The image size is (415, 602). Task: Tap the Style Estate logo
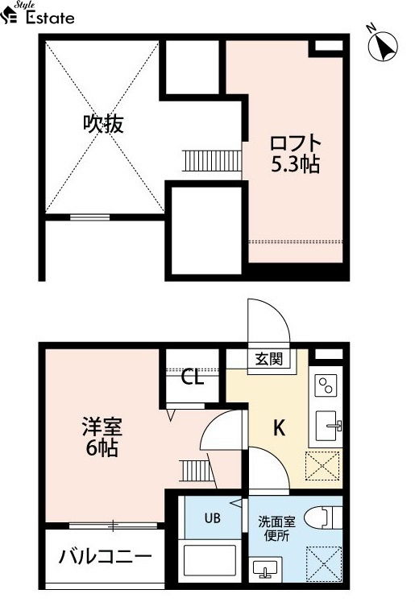pos(37,13)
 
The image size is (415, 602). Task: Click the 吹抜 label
pos(103,124)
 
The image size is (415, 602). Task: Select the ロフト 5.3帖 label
pos(296,154)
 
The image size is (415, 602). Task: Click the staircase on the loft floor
pos(212,161)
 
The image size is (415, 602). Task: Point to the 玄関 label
pos(269,359)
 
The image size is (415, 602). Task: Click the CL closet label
pos(192,377)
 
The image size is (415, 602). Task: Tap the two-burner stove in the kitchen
pos(326,386)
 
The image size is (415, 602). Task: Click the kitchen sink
pos(328,426)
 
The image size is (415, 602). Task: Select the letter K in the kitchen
pos(280,427)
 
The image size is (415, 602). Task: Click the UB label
pos(213,518)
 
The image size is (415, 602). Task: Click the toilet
pos(323,517)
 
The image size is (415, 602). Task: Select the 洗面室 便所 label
pos(276,529)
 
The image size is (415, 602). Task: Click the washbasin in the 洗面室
pos(264,569)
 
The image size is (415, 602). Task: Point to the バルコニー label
pos(105,556)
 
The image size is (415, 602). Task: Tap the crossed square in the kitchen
pos(323,466)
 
